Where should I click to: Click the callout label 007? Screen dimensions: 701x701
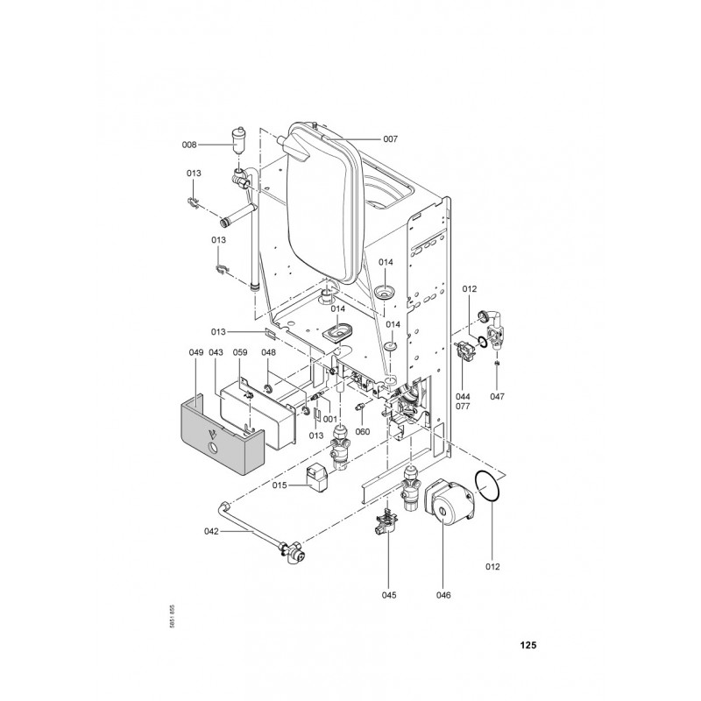point(390,139)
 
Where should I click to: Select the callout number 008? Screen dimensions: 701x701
point(189,145)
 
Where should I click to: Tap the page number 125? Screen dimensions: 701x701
point(528,645)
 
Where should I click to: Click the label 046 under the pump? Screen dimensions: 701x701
point(443,595)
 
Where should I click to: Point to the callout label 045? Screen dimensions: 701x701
point(389,595)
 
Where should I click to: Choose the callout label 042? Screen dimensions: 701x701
point(211,531)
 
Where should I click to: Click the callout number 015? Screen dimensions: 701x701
point(280,485)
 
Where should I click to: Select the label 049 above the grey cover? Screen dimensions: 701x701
point(195,352)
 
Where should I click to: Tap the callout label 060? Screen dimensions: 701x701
point(363,431)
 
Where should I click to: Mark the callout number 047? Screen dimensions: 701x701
point(497,396)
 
